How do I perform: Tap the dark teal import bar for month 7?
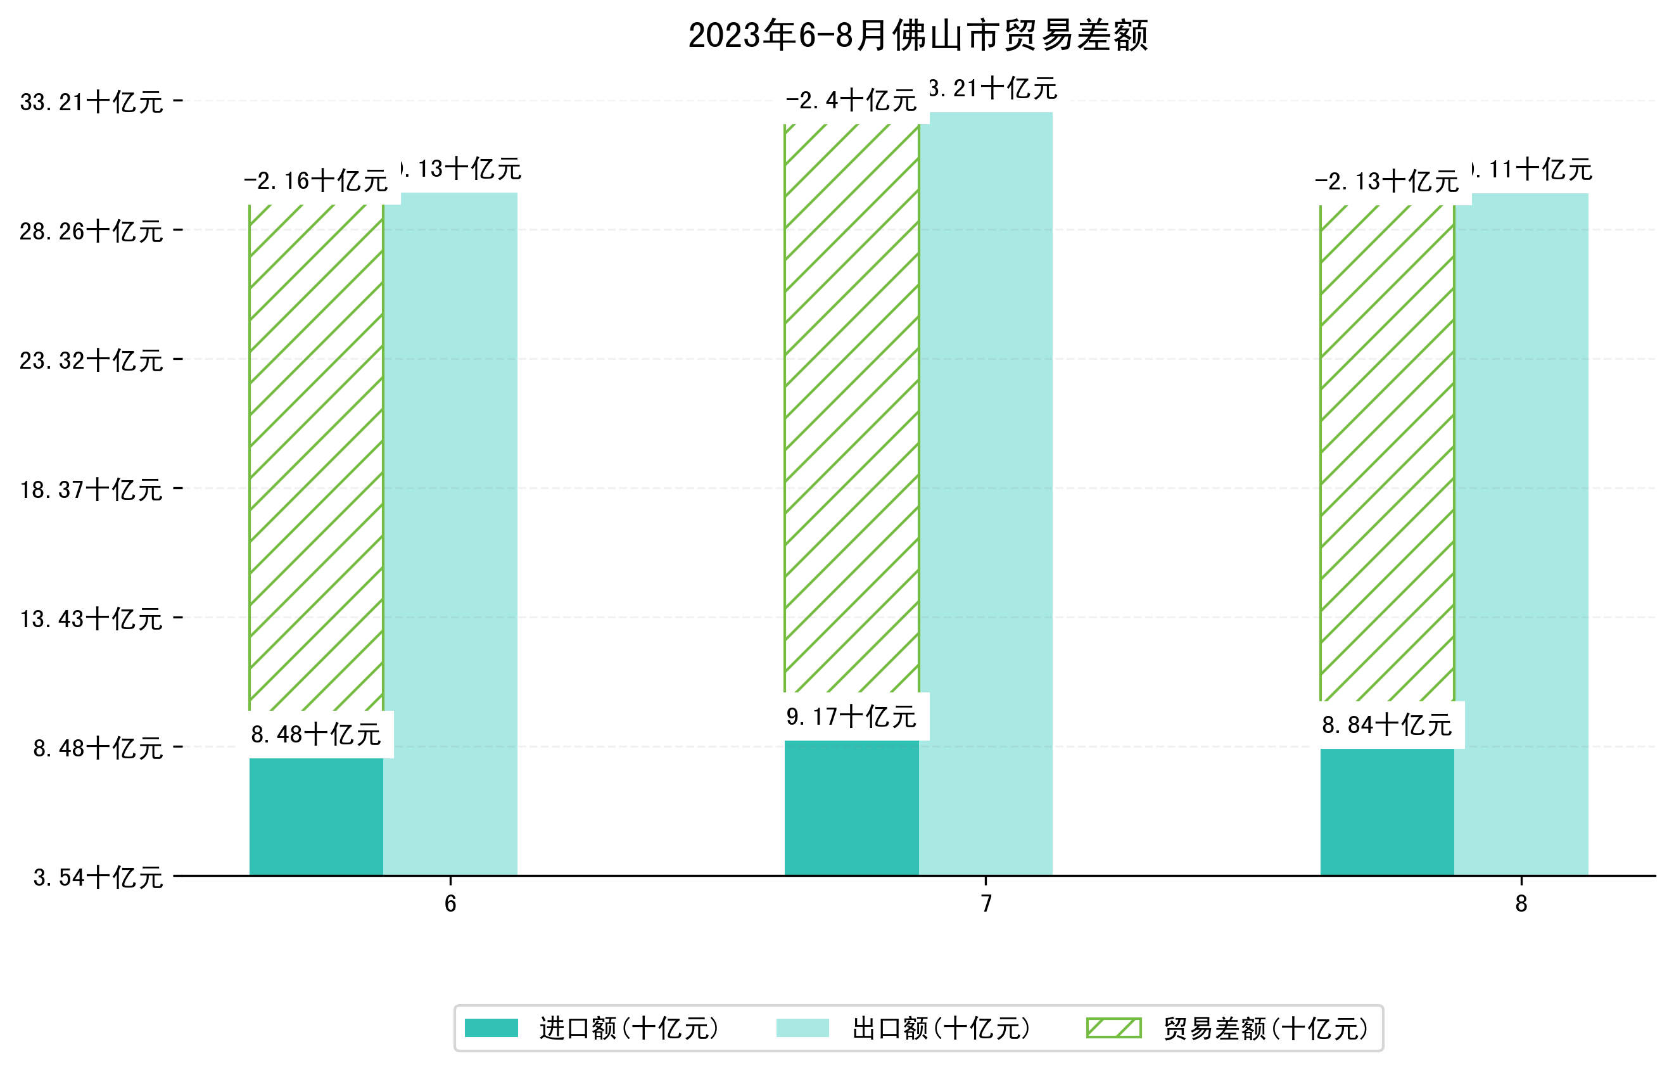tap(852, 807)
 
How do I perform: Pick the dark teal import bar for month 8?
tap(1387, 812)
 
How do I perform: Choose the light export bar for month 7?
tap(986, 493)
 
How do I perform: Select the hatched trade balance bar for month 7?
tap(852, 411)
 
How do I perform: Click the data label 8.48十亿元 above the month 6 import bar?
tap(316, 734)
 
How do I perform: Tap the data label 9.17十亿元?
tap(852, 716)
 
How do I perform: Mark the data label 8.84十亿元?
tap(1387, 725)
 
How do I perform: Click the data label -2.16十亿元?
tap(316, 181)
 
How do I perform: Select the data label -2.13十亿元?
tap(1387, 182)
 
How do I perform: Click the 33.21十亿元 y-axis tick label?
tap(91, 102)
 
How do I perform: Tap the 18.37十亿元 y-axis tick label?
tap(91, 490)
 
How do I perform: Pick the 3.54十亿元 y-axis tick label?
tap(98, 877)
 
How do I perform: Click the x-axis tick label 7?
tap(986, 903)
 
